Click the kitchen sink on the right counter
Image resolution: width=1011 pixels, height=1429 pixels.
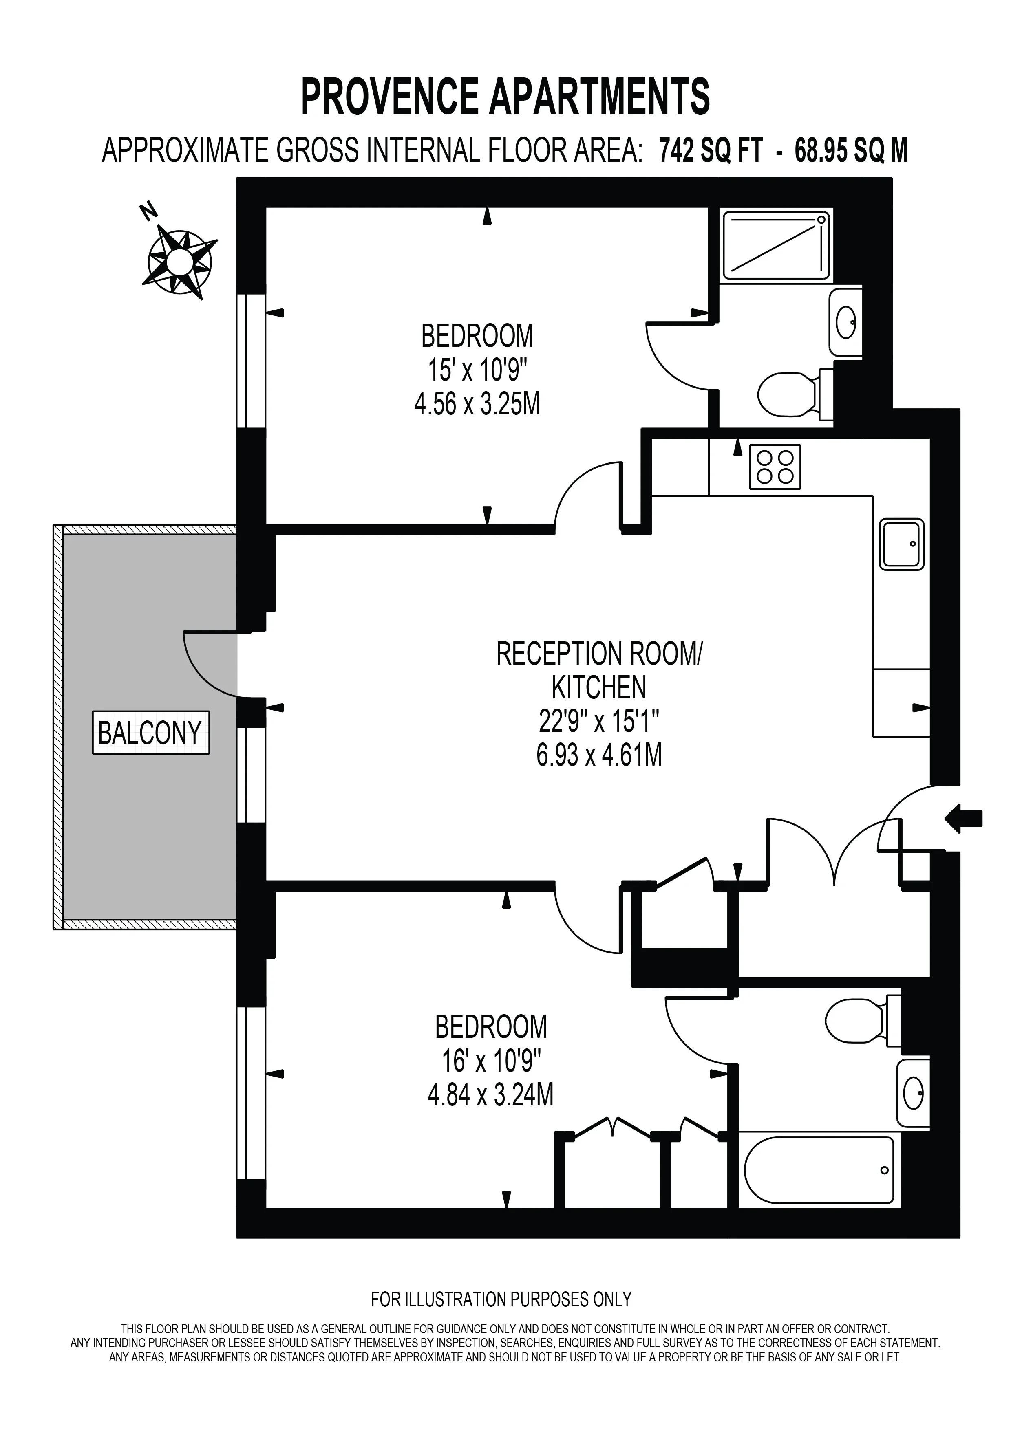[901, 544]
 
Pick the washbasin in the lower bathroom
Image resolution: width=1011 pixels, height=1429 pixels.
[913, 1095]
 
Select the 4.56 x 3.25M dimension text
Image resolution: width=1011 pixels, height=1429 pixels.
[477, 405]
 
